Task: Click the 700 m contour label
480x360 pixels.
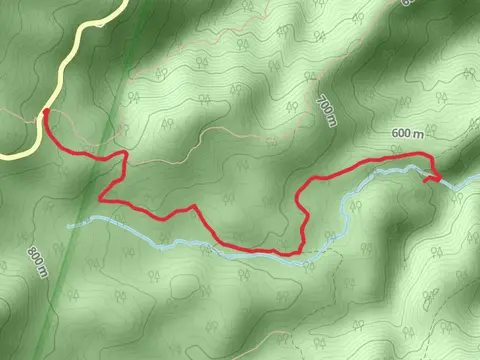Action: coord(326,111)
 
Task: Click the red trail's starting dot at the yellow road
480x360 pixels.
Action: coord(46,112)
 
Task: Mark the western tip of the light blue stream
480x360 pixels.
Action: coord(70,226)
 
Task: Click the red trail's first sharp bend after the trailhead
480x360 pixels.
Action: coord(125,154)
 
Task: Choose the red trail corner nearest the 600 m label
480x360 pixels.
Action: coord(430,155)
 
